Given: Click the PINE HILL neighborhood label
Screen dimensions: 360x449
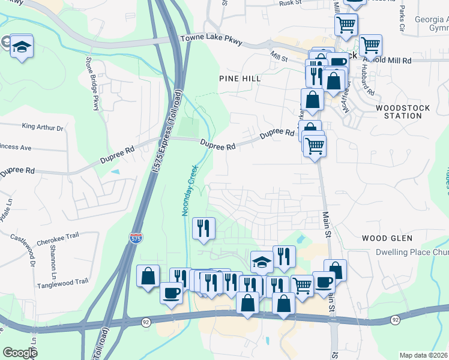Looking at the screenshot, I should click(239, 79).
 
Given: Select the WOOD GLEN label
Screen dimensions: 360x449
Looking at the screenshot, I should click(387, 238).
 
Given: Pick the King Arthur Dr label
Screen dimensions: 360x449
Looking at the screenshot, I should click(42, 127).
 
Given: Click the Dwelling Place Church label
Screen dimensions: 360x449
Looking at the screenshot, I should click(412, 253).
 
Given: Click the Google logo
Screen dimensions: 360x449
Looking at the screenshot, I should click(20, 352).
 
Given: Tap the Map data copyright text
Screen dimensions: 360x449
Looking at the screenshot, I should click(424, 355).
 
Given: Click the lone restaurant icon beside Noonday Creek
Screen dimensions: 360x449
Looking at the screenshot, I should click(203, 228).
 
